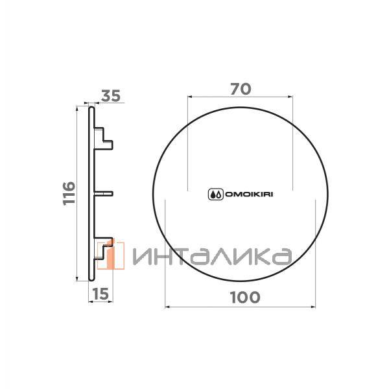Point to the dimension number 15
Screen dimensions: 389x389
pos(100,294)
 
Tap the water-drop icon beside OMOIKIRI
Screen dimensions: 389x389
pos(215,193)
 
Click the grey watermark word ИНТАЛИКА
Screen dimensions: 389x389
pos(211,257)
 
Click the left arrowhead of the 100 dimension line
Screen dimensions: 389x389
pos(168,305)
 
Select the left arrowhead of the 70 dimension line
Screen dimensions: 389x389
pos(189,96)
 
